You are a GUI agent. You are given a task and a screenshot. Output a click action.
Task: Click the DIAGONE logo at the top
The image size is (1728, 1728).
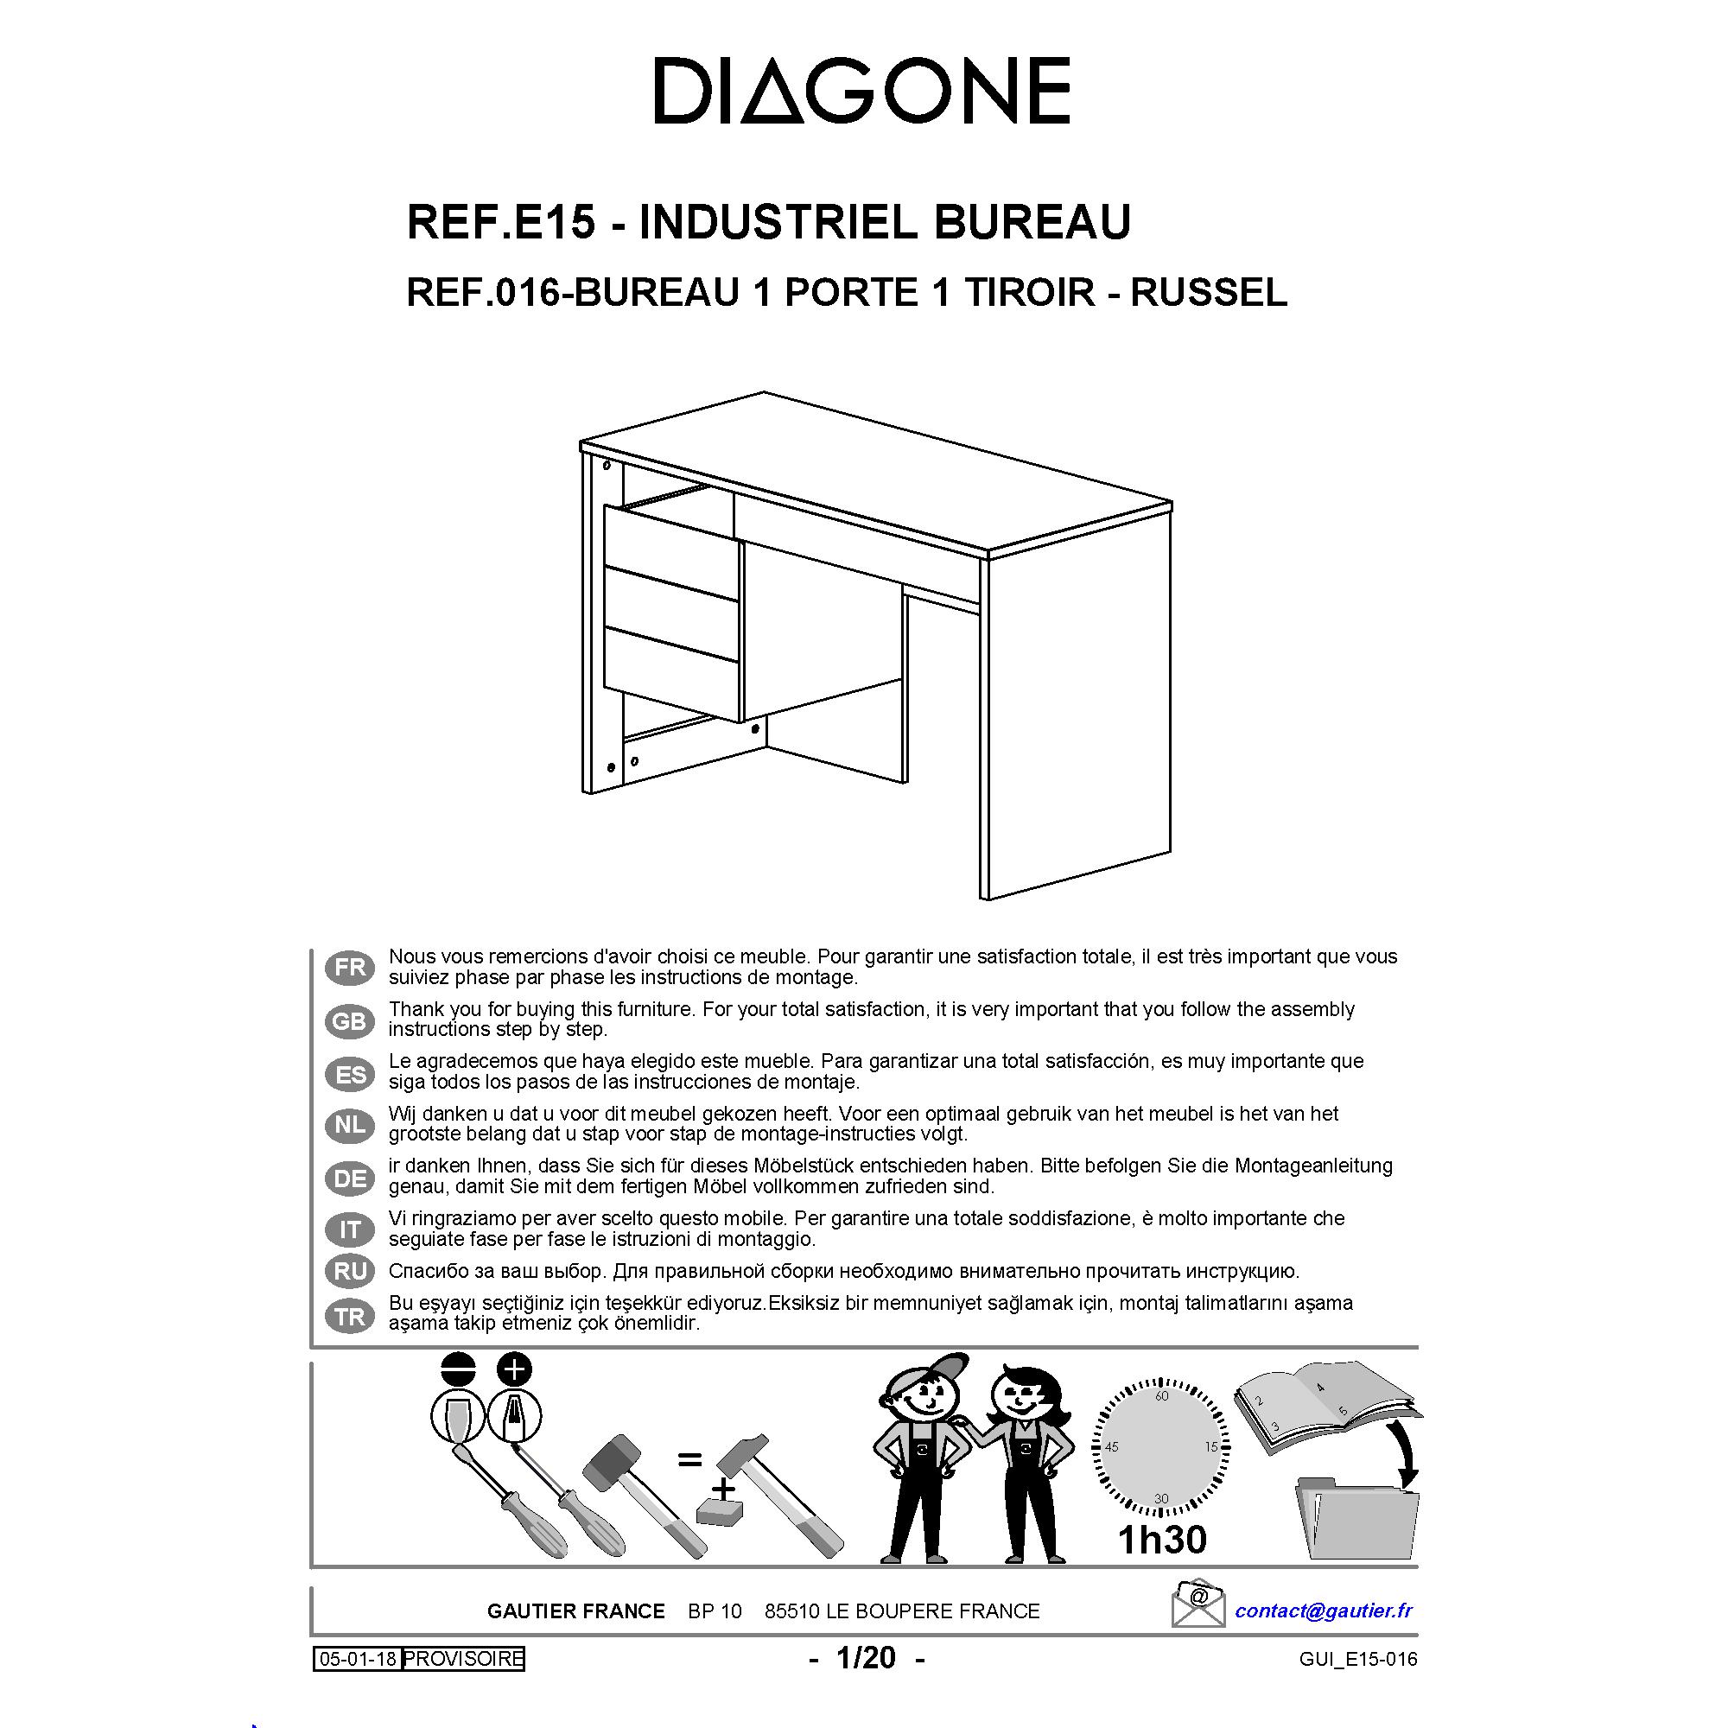pos(862,91)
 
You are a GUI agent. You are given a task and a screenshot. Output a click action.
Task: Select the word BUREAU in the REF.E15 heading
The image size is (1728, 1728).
pos(1032,222)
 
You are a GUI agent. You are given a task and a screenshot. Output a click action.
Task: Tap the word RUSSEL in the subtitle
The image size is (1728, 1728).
pos(1210,293)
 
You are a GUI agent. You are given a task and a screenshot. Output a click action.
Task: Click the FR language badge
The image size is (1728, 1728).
pos(350,968)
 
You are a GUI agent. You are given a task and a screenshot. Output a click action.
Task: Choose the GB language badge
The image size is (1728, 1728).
pos(350,1020)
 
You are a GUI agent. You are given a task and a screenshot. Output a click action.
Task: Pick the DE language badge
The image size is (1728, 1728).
pos(350,1178)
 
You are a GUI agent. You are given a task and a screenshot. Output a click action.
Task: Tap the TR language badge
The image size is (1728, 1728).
pos(350,1317)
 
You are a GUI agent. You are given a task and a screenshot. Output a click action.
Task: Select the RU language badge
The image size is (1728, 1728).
pos(350,1271)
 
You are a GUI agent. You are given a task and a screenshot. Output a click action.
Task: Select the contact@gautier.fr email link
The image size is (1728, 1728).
pos(1323,1611)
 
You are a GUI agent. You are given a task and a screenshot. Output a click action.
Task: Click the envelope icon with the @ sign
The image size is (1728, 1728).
pos(1198,1604)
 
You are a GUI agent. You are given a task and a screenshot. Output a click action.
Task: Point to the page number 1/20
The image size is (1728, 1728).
pos(866,1658)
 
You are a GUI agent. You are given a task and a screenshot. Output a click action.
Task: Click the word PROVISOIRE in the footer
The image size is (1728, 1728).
pos(462,1659)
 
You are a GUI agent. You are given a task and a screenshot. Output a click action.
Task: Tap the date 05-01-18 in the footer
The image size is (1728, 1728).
pos(358,1659)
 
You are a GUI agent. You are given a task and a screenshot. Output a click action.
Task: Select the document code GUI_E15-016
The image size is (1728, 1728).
pos(1358,1660)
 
